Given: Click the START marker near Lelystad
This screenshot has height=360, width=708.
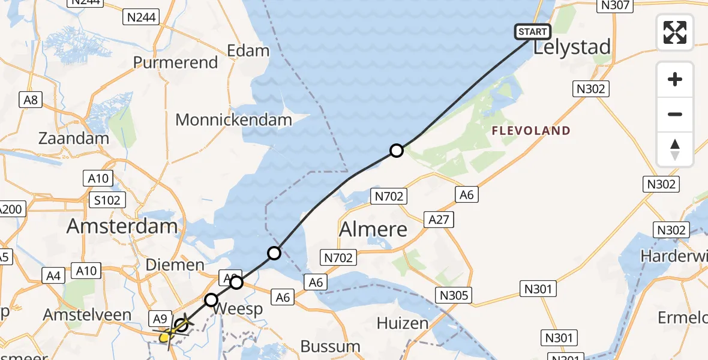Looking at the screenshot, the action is [532, 32].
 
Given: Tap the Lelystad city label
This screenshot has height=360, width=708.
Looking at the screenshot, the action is [572, 47].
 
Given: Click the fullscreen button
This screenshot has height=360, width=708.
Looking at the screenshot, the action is [675, 32].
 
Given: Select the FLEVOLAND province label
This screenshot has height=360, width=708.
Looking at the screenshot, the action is [531, 130].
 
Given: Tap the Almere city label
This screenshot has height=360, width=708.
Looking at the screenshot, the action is [373, 229].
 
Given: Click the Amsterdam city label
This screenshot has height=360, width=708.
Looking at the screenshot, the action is [122, 226].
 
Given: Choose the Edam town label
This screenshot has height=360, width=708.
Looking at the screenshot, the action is [248, 50].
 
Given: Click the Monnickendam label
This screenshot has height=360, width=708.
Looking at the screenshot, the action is [233, 119].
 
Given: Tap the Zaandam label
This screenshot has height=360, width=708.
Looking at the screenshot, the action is [74, 138].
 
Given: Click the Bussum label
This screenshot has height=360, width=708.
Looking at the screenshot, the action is [330, 346].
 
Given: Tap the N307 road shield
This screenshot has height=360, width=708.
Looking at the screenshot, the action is [614, 5].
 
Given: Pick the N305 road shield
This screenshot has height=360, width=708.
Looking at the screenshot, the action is [454, 295].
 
